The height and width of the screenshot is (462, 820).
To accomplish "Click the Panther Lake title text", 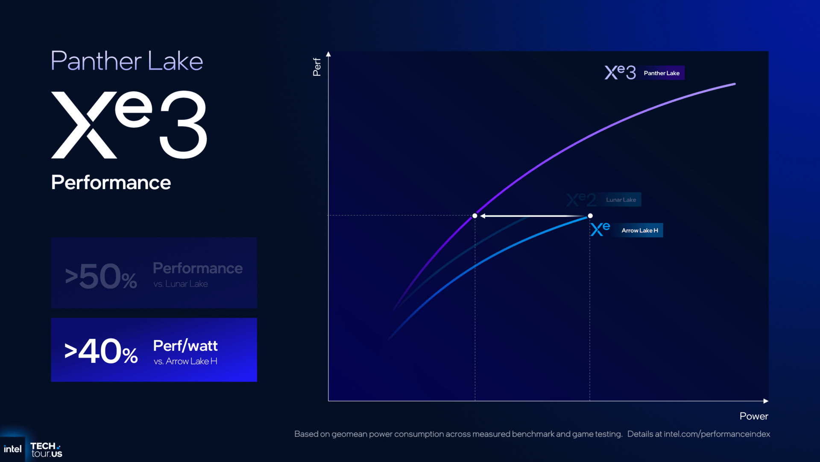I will (127, 61).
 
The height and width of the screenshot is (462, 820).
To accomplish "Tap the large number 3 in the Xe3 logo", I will (184, 124).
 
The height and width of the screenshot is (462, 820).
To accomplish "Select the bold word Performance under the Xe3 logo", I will (111, 183).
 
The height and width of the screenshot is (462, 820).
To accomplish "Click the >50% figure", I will (101, 276).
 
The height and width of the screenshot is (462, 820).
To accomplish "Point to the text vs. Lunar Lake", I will (181, 284).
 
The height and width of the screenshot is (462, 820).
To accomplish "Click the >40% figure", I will (101, 351).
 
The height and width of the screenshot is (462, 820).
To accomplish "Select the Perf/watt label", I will (185, 346).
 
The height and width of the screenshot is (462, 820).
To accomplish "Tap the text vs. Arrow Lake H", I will (185, 361).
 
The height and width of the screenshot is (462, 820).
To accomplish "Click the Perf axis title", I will (316, 67).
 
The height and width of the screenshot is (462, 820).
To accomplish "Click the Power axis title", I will (754, 416).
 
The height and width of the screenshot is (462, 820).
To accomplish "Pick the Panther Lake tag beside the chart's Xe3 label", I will (662, 73).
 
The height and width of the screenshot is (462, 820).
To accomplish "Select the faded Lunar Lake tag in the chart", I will (621, 200).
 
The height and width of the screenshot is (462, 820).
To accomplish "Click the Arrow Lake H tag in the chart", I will (639, 231).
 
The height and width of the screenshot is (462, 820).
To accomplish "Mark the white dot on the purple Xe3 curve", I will (475, 216).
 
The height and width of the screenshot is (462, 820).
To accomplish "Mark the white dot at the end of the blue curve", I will (590, 216).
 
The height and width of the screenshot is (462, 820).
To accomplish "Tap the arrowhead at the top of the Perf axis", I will (328, 54).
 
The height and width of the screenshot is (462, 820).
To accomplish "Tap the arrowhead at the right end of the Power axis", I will (766, 401).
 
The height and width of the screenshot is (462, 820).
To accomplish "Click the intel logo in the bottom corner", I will (12, 449).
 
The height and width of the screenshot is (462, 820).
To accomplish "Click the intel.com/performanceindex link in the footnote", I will (717, 434).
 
